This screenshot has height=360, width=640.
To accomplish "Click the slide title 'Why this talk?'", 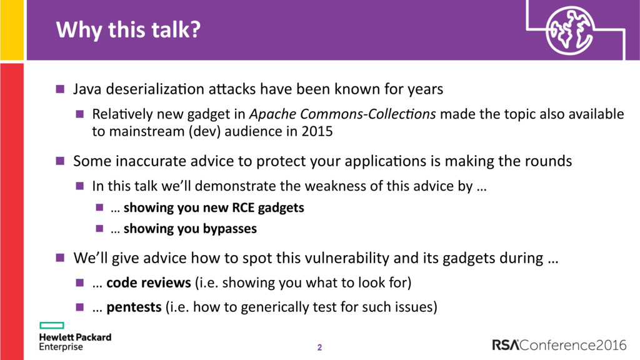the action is (x=128, y=30).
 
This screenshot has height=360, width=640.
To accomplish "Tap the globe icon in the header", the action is (x=569, y=31).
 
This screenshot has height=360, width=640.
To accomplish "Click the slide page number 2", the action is (x=319, y=347).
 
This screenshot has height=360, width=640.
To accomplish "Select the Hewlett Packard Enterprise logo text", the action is (x=75, y=342).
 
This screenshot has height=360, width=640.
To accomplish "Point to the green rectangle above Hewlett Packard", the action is (x=52, y=325).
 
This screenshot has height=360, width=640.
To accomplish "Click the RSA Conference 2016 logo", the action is (x=559, y=345).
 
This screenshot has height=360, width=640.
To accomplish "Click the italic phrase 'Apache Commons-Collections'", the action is (x=342, y=114).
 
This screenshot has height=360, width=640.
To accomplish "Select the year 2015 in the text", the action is (x=317, y=131).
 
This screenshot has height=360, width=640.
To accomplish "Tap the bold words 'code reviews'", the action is (x=149, y=282).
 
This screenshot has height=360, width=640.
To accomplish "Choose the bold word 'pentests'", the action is (x=134, y=307).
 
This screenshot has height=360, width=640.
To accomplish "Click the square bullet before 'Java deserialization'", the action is (x=60, y=89).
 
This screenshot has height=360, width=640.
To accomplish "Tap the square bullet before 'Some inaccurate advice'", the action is (x=60, y=161).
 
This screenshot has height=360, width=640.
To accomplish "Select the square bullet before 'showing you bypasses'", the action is (x=99, y=228).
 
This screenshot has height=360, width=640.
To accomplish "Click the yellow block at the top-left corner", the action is (x=12, y=30).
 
